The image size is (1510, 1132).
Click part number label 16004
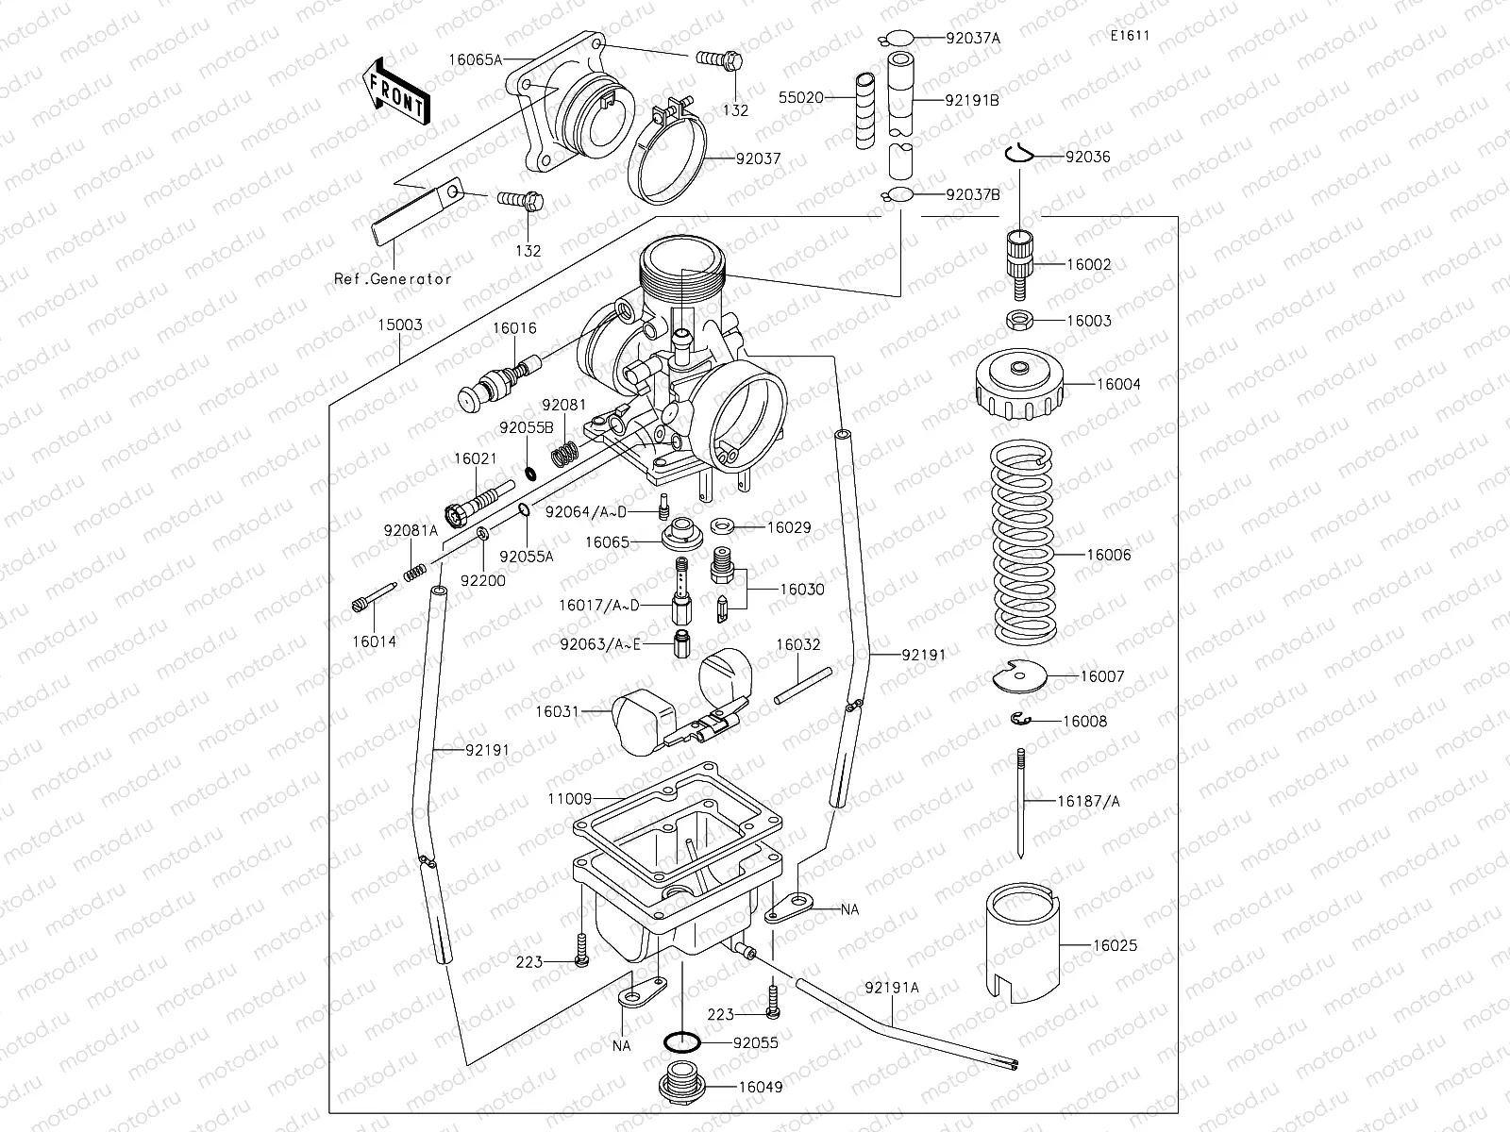[1117, 385]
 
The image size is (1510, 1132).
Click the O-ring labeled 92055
[681, 1043]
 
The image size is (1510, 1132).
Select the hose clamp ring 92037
[671, 160]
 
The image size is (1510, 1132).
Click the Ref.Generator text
[393, 278]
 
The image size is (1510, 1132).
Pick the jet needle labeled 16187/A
[1022, 802]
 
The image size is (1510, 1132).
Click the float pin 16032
[803, 686]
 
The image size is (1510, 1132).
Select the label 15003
[399, 325]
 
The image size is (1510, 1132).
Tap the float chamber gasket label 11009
[569, 799]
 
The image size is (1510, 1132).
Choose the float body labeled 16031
[642, 722]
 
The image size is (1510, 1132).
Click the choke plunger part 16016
[499, 382]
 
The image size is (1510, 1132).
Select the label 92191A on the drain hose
[891, 988]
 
